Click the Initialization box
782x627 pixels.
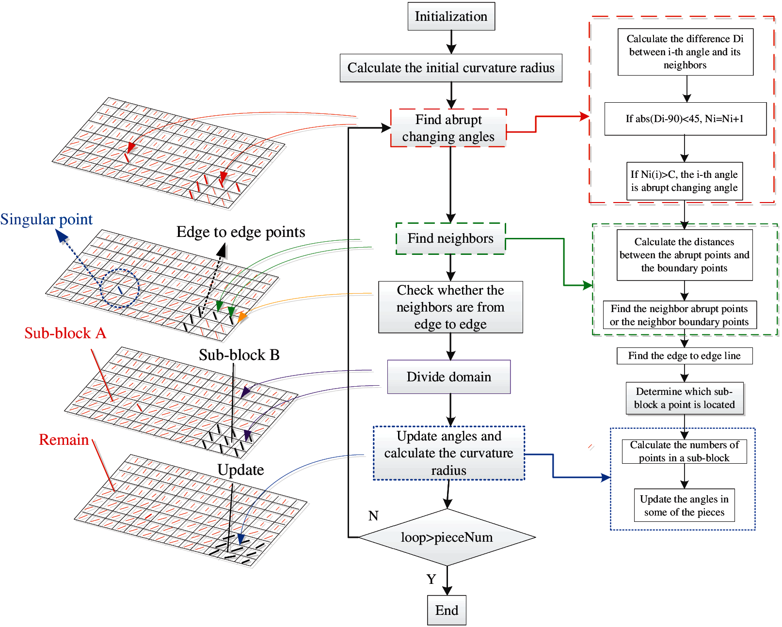click(x=451, y=16)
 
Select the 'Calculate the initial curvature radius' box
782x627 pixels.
click(x=451, y=68)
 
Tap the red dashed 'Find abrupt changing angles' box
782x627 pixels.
click(x=448, y=128)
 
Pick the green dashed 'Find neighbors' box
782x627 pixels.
click(x=450, y=238)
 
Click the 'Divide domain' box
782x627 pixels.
click(x=449, y=376)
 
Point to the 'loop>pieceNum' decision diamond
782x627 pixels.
click(x=447, y=537)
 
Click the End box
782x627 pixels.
click(x=447, y=610)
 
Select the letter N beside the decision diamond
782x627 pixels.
click(x=373, y=516)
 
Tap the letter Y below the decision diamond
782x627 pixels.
click(x=431, y=579)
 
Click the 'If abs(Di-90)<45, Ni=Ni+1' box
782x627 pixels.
click(x=685, y=119)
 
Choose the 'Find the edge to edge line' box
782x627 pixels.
click(x=684, y=356)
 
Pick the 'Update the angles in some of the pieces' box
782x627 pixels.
click(x=684, y=505)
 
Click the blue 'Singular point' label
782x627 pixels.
click(x=47, y=219)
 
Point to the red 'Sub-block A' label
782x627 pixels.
click(x=65, y=333)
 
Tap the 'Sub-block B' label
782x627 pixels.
click(x=239, y=355)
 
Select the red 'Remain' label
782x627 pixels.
click(x=64, y=439)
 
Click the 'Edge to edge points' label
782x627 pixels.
click(x=240, y=232)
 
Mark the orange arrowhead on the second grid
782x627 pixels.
click(x=241, y=317)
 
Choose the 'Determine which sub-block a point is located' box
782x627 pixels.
click(x=684, y=398)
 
